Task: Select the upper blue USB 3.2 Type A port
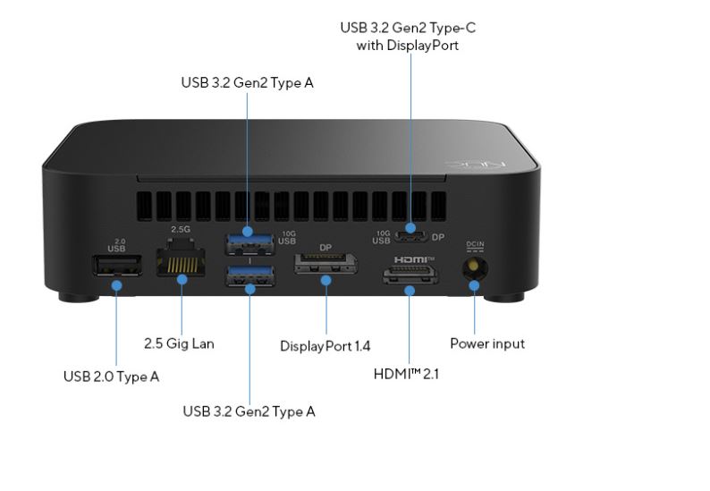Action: [x=249, y=239]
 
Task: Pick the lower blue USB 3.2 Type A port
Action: [x=249, y=276]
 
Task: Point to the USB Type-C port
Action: [x=411, y=238]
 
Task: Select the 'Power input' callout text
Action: [x=486, y=343]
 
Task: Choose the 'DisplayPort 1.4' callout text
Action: [x=325, y=345]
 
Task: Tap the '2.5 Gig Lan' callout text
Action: [x=179, y=343]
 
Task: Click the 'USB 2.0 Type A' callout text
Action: [x=111, y=377]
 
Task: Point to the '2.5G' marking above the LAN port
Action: [x=181, y=230]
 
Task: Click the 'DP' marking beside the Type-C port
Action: [x=438, y=238]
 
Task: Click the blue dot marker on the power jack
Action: [x=474, y=286]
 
